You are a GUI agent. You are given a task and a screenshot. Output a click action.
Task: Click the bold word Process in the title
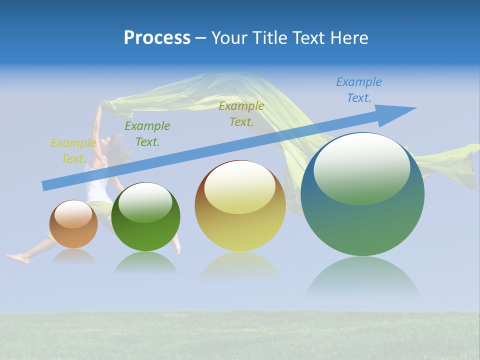pyautogui.click(x=157, y=38)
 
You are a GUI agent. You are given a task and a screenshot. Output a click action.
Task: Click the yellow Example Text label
pyautogui.click(x=73, y=151)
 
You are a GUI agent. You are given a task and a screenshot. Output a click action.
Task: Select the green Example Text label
pyautogui.click(x=147, y=134)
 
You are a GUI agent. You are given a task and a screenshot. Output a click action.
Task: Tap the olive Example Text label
pyautogui.click(x=241, y=114)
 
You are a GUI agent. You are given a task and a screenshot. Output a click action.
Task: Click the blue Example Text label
pyautogui.click(x=358, y=90)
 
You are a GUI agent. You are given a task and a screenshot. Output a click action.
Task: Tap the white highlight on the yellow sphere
pyautogui.click(x=239, y=186)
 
